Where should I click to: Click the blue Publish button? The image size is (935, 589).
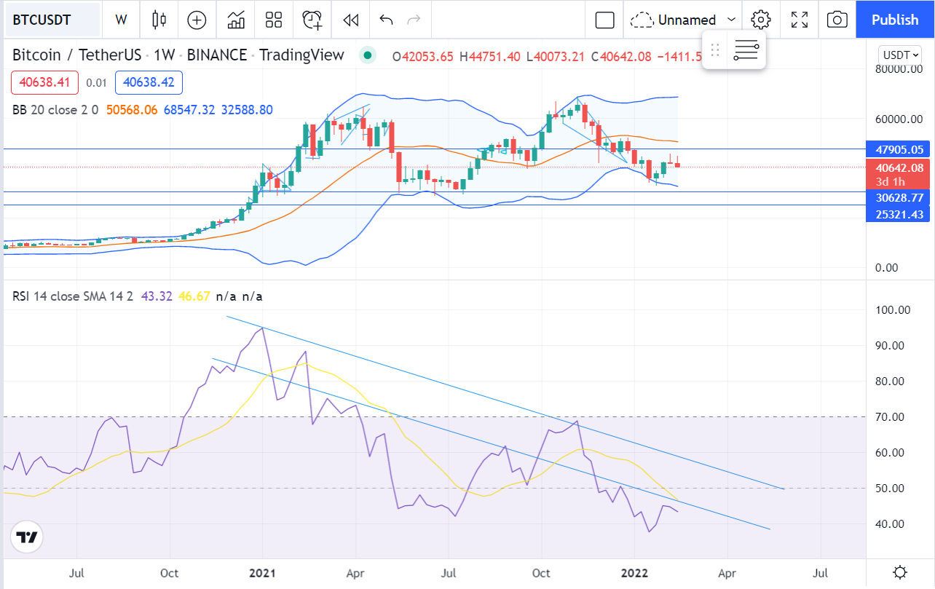(x=895, y=20)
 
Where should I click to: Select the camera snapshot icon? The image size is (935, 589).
(x=837, y=20)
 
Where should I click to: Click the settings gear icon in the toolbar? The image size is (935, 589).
(x=761, y=20)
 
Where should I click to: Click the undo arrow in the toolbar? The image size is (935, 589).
(x=386, y=20)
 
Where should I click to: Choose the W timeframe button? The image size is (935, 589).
(x=121, y=20)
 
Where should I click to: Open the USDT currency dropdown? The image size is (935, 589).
(x=899, y=55)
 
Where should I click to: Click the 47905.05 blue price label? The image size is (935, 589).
(x=900, y=150)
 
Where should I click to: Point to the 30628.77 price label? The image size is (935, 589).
(x=900, y=197)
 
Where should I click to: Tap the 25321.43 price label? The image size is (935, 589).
(x=900, y=214)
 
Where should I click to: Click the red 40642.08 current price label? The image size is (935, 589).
(x=900, y=168)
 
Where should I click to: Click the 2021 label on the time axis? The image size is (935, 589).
(x=262, y=572)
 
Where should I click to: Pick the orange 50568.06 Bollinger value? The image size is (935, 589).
(x=132, y=110)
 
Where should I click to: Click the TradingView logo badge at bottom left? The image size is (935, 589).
(x=27, y=538)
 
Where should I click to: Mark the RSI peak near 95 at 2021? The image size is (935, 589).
(x=262, y=328)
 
